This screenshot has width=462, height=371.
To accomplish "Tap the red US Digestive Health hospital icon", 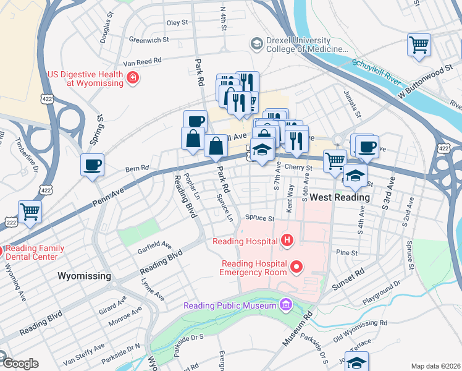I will point(132,77).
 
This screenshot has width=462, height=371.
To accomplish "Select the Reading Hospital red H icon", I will point(286,240).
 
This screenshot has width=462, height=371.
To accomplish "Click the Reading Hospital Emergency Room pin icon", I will point(297,267).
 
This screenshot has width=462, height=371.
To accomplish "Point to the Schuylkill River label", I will point(377,72).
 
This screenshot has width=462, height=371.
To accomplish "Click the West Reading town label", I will point(340,197).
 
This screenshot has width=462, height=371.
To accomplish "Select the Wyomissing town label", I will point(84,276).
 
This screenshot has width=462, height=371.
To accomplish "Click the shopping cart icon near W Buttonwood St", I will point(419,45).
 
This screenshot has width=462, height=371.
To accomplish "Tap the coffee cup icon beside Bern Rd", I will point(93,164).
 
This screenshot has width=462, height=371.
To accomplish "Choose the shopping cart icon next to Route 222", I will point(30,211).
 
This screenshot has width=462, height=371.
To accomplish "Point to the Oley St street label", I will point(177,22).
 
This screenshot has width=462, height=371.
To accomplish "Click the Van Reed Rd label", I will point(142,62).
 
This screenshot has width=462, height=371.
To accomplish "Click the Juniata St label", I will point(352,106).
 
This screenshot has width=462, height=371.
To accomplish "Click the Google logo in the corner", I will point(20,364).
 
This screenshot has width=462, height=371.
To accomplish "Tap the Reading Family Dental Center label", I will point(35,252).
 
